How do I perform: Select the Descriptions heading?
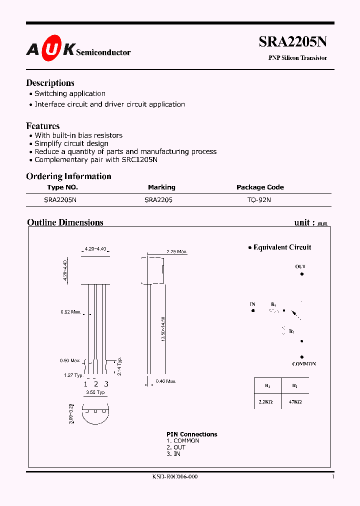[x=50, y=83]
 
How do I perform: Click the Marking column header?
[x=161, y=187]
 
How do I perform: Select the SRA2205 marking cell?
[x=158, y=199]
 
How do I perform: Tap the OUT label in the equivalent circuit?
[x=300, y=266]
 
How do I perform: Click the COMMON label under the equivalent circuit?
[x=304, y=363]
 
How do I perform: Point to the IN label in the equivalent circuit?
[x=252, y=304]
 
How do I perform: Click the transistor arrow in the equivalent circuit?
[x=296, y=314]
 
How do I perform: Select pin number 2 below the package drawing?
[x=95, y=384]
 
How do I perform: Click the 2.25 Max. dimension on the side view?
[x=176, y=251]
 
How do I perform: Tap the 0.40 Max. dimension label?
[x=165, y=381]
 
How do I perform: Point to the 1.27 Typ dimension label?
[x=73, y=375]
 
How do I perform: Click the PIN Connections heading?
[x=191, y=434]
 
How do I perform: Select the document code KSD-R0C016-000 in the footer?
[x=175, y=477]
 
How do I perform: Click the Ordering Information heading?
[x=68, y=176]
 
